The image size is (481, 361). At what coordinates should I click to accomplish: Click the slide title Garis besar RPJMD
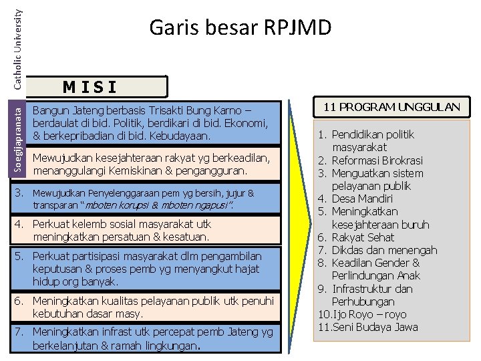pos(240,27)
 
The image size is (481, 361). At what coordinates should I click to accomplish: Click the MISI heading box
pos(90,86)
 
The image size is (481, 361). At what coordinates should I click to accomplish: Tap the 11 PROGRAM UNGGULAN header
pos(391,106)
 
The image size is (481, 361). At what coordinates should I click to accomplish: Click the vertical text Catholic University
pos(18,43)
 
